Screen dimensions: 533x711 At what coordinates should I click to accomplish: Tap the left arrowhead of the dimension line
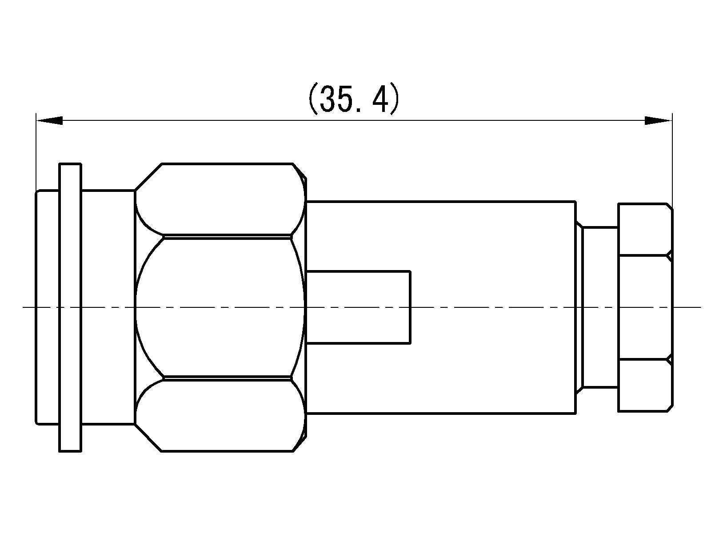[50, 120]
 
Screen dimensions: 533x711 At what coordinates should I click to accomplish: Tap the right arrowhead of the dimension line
[658, 120]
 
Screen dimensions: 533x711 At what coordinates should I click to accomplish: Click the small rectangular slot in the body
[358, 307]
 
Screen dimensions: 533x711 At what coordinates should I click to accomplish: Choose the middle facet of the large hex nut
[220, 307]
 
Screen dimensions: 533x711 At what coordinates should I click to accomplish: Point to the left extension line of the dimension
[36, 151]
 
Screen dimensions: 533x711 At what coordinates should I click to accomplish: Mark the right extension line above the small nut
[672, 160]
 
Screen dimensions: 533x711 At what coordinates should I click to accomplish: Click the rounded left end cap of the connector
[47, 307]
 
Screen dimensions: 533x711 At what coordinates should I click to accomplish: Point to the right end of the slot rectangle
[410, 307]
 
